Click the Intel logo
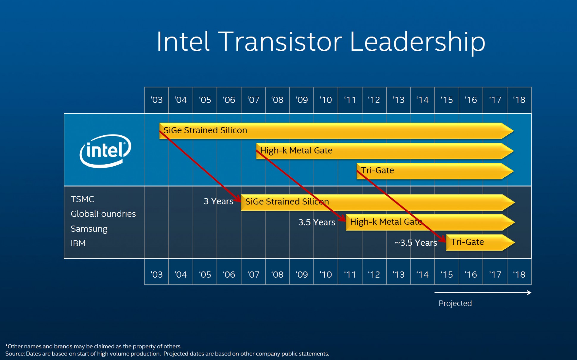point(105,151)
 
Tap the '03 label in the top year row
point(156,100)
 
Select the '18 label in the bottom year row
point(519,274)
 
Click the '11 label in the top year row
point(350,100)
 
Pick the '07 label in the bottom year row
point(253,274)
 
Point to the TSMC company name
point(82,199)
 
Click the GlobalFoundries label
point(103,214)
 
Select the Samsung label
point(89,229)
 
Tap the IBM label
point(78,243)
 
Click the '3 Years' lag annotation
point(218,201)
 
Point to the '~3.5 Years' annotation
point(416,243)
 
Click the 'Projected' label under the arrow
point(455,303)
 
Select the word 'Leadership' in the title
point(417,42)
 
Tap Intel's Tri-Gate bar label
point(377,170)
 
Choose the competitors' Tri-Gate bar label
point(467,242)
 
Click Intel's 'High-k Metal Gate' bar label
point(296,151)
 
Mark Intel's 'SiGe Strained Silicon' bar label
point(205,130)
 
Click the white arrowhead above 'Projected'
point(529,292)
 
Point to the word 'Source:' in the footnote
point(15,354)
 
